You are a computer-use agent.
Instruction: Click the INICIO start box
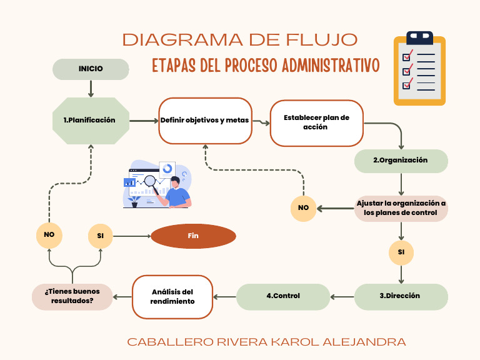tap(91, 69)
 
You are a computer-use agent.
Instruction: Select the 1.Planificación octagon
tap(90, 121)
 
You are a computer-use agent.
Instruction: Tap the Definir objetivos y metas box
tap(205, 121)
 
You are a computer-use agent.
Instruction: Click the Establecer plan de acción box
tap(316, 122)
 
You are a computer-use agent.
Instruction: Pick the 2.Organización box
tap(401, 161)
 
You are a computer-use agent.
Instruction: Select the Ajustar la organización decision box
tap(401, 208)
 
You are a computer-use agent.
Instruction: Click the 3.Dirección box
tap(401, 296)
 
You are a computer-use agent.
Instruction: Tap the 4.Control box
tap(282, 296)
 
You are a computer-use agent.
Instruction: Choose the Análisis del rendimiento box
tap(172, 297)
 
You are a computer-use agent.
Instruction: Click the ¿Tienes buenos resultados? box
tap(72, 296)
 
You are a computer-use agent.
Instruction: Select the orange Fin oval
tap(193, 236)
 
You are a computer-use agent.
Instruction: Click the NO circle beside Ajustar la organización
tap(303, 208)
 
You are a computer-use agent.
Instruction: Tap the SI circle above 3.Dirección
tap(401, 252)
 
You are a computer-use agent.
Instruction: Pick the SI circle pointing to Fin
tap(101, 236)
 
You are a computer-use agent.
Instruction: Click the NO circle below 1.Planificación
tap(49, 235)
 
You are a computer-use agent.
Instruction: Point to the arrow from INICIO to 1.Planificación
tap(91, 89)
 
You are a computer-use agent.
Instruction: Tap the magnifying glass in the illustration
tap(151, 182)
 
